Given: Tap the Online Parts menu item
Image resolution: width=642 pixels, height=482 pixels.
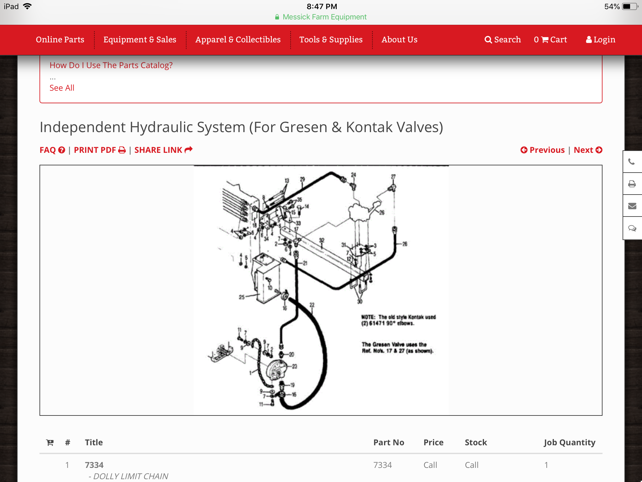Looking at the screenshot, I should click(x=60, y=40).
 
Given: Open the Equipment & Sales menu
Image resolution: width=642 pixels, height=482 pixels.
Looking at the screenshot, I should click(x=140, y=40).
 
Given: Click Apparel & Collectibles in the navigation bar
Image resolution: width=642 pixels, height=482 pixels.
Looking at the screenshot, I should click(x=238, y=40).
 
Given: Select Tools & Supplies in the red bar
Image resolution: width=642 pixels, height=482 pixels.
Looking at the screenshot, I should click(x=331, y=40).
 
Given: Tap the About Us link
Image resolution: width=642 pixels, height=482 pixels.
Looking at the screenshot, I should click(x=399, y=40).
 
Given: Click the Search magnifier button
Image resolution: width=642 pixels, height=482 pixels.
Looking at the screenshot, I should click(x=503, y=40).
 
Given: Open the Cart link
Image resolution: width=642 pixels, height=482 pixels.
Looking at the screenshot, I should click(x=550, y=40).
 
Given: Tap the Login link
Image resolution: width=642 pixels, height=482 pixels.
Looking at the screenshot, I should click(x=601, y=40).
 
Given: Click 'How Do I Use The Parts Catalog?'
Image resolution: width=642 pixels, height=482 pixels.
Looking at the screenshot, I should click(x=111, y=65).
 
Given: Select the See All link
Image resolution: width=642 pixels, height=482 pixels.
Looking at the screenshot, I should click(x=62, y=88).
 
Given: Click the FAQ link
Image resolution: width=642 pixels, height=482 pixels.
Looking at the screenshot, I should click(x=52, y=150).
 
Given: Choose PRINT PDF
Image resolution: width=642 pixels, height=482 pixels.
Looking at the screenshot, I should click(x=100, y=150).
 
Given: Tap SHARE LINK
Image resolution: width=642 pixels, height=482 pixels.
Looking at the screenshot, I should click(x=163, y=150).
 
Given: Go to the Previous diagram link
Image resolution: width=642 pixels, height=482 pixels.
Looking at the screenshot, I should click(x=543, y=150).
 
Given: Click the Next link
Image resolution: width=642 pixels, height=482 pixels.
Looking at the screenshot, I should click(x=588, y=150).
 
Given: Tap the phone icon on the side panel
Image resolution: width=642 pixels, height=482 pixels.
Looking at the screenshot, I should click(x=632, y=162).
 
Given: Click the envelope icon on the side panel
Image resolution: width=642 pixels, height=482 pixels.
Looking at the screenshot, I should click(x=632, y=206).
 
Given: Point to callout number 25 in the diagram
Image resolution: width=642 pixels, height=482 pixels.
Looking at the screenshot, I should click(x=242, y=297).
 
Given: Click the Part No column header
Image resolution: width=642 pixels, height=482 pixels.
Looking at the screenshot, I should click(x=389, y=442).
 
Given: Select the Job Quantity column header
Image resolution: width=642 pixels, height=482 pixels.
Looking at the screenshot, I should click(x=569, y=442).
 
